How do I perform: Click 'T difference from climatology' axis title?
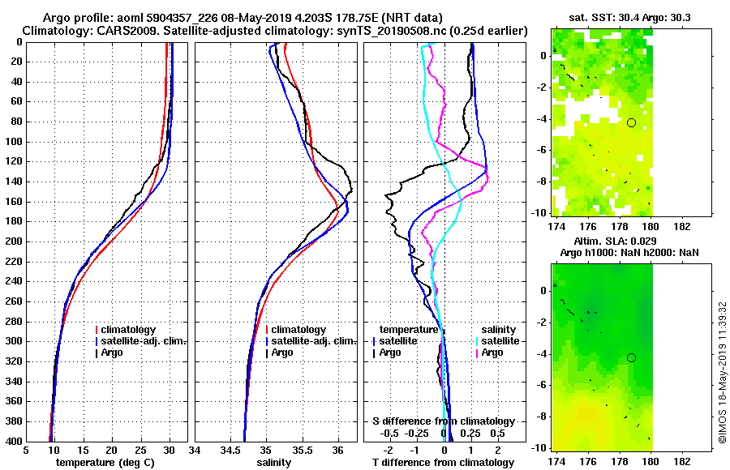443,462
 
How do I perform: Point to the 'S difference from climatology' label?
443,421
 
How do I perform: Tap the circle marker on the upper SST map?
631,122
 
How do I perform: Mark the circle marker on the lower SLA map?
631,357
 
